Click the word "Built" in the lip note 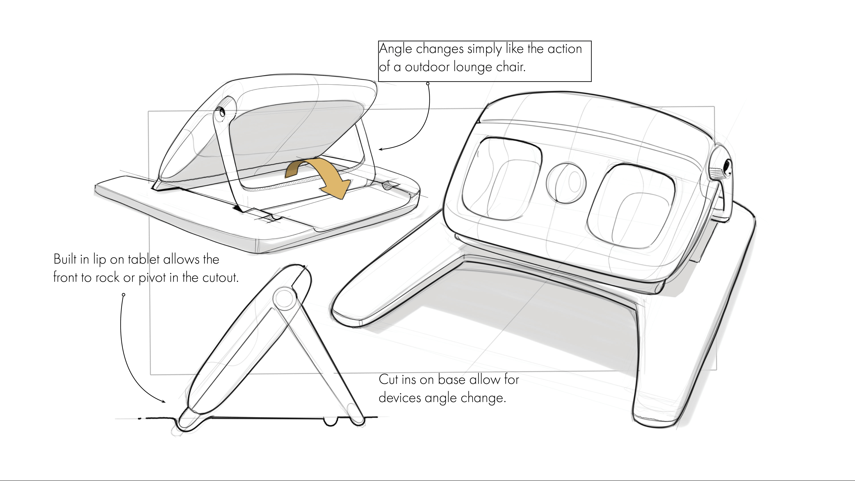[x=65, y=259]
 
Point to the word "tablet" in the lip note [x=143, y=259]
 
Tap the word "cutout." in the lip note [x=220, y=277]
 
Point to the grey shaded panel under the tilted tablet [x=292, y=133]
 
